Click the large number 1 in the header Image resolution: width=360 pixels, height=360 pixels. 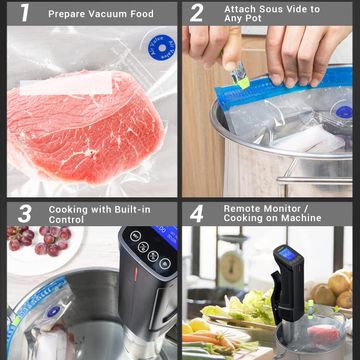coord(25,13)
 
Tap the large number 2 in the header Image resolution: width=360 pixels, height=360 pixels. coord(197,13)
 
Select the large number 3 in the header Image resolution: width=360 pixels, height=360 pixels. coord(25,214)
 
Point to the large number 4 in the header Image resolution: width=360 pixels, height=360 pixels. coord(197,214)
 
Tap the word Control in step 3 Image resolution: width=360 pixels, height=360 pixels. coord(66,220)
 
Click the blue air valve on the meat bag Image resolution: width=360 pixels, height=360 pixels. coord(162,48)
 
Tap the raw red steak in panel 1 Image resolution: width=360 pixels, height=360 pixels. coord(86,127)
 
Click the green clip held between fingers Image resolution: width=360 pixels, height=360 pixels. coord(240,76)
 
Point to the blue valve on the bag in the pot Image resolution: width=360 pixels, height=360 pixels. coord(344,112)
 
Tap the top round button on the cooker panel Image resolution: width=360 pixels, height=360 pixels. coord(135,236)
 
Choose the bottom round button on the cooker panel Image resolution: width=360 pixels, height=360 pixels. coord(165,264)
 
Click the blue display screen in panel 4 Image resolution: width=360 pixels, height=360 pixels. coord(287,255)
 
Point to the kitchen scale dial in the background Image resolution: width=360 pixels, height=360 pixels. coord(230,266)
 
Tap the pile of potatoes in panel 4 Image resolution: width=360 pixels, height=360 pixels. coord(332,289)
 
